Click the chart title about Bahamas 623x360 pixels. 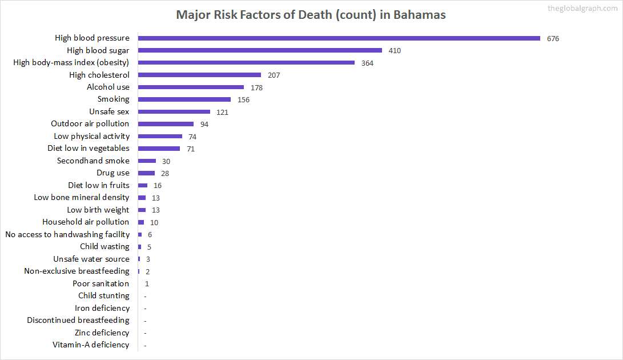311,15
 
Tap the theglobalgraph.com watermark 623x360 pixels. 582,8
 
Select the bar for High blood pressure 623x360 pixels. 339,38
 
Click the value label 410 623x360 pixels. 395,51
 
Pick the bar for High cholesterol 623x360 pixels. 199,75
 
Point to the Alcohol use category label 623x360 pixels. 108,87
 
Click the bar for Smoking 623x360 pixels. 184,99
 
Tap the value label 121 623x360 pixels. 222,112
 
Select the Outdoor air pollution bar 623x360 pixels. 166,124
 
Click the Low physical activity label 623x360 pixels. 91,136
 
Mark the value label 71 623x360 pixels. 191,149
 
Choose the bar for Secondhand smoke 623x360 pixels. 147,161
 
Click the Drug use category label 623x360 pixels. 112,173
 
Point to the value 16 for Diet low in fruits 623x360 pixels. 158,186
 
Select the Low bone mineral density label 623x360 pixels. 82,197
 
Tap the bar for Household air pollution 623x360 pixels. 141,222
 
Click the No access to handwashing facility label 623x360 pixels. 67,234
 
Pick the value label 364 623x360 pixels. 367,63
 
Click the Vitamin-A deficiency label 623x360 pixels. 91,345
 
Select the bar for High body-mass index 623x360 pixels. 246,62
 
